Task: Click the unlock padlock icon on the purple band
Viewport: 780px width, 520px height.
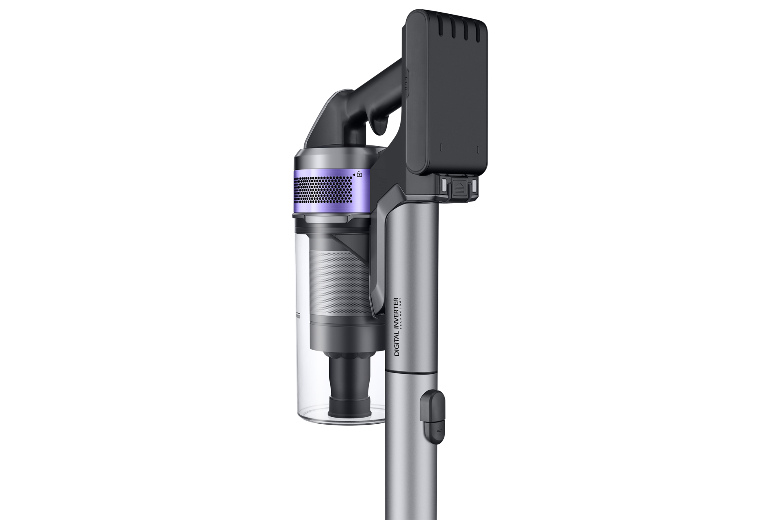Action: click(360, 174)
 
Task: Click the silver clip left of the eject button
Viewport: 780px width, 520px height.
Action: click(444, 185)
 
